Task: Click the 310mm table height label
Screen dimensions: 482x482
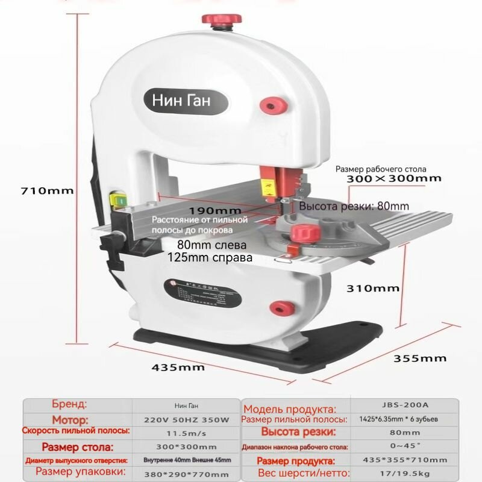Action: coord(374,288)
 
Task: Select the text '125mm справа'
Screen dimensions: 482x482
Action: coord(211,257)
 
